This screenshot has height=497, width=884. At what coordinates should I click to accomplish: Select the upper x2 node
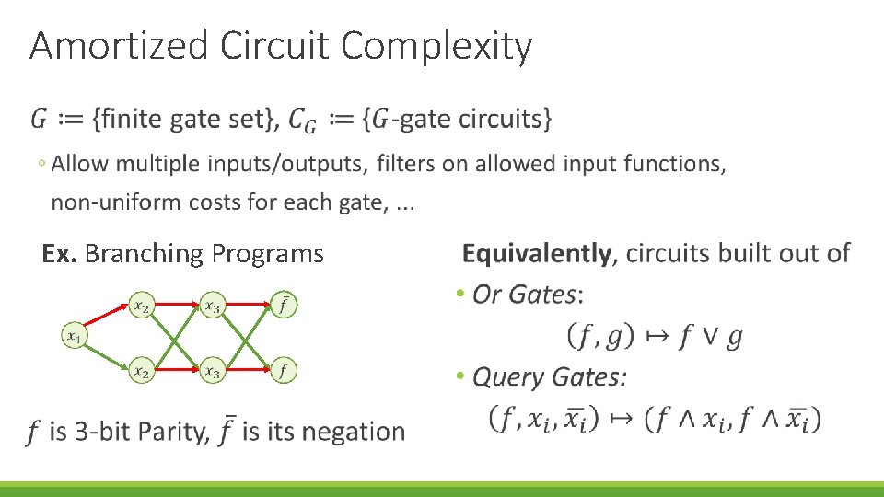[x=141, y=306]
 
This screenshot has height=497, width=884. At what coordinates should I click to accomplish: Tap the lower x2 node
[x=141, y=371]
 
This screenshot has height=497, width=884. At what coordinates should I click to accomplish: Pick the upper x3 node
[x=213, y=306]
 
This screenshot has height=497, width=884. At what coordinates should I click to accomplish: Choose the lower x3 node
[x=213, y=371]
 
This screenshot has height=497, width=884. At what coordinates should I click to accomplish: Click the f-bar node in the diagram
[x=285, y=305]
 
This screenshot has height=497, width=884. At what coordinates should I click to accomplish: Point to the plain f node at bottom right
[x=285, y=371]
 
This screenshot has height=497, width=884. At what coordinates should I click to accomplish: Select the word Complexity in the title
[x=437, y=46]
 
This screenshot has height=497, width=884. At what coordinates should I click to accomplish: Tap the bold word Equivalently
[x=536, y=253]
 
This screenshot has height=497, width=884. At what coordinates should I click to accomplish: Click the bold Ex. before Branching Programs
[x=60, y=254]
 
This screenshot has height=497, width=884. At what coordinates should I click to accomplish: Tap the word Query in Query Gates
[x=507, y=376]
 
